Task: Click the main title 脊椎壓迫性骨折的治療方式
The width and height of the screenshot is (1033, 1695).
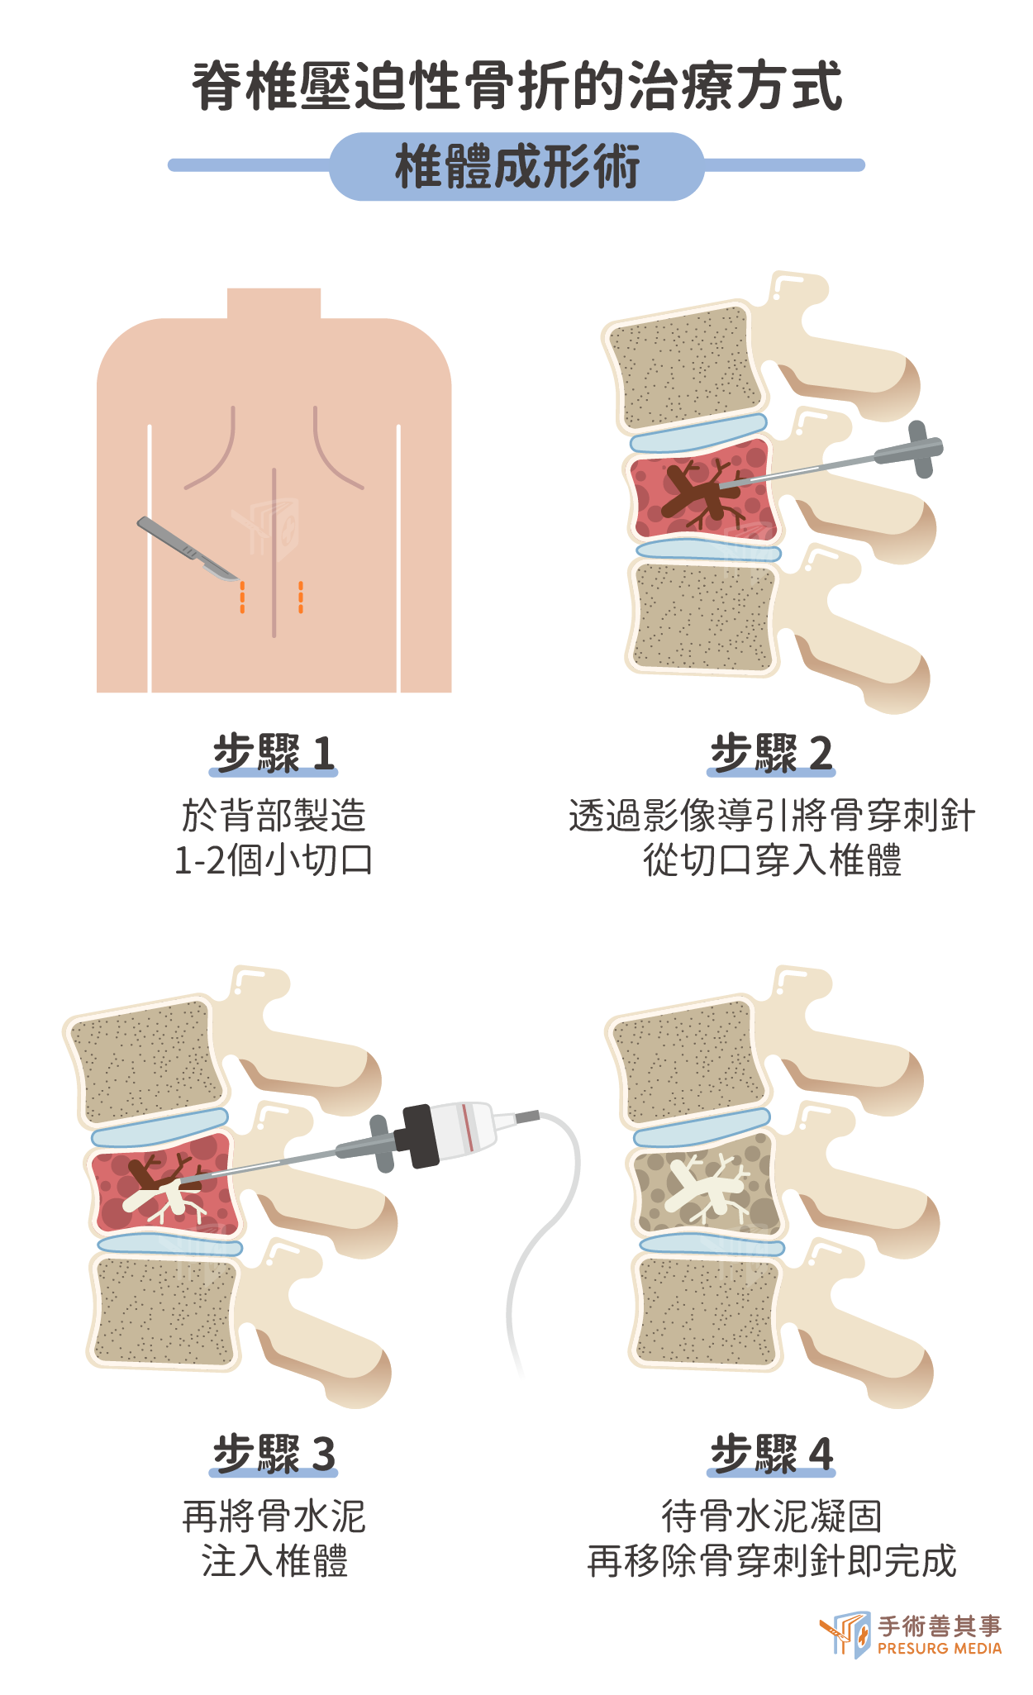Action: [516, 86]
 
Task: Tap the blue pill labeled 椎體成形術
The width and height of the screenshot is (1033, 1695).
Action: [516, 166]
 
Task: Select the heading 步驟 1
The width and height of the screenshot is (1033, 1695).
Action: [274, 753]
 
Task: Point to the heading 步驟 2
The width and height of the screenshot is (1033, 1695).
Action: [771, 753]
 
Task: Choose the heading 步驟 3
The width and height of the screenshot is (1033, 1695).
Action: [274, 1454]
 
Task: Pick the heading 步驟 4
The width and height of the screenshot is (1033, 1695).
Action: [771, 1454]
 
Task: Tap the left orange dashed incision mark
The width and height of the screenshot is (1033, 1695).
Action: [242, 597]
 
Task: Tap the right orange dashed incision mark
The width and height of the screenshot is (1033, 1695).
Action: [301, 597]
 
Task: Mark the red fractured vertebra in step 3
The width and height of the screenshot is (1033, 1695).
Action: [164, 1184]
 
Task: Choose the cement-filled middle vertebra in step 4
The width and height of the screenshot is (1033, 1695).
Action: [707, 1184]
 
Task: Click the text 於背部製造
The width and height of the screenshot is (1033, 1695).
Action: [274, 816]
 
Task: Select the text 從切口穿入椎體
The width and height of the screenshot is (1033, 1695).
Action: [772, 860]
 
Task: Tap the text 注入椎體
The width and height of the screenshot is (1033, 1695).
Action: [274, 1561]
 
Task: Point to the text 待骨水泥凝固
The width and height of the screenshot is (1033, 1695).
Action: [772, 1516]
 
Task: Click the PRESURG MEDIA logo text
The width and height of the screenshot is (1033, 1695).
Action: [940, 1648]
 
